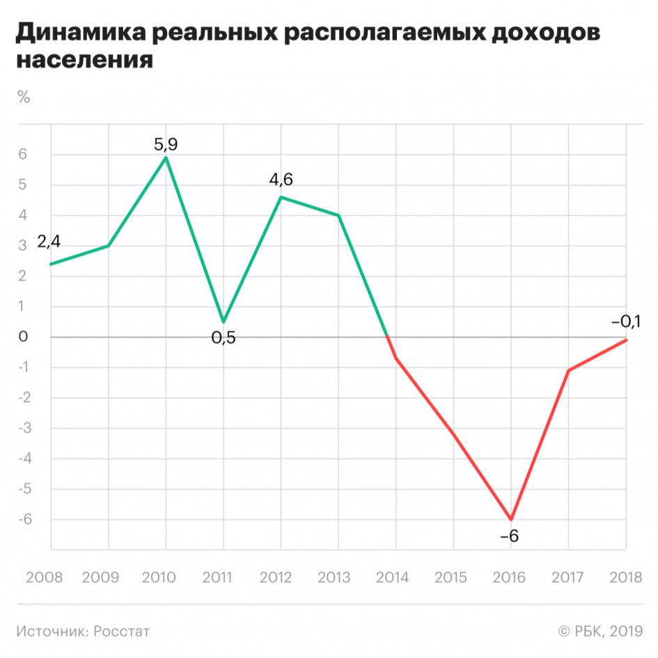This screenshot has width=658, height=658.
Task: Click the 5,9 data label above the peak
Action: [x=166, y=145]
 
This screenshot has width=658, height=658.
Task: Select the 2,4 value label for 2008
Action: [x=49, y=243]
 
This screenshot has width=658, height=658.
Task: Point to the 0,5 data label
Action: [x=224, y=338]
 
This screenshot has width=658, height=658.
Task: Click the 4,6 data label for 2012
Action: [x=281, y=179]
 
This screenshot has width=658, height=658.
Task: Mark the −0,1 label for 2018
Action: [x=625, y=322]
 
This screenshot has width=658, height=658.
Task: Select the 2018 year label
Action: [x=625, y=578]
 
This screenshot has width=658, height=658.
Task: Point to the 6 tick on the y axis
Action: [x=23, y=155]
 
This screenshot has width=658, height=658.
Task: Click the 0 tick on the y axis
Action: [x=23, y=337]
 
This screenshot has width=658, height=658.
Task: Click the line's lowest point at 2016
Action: [x=511, y=519]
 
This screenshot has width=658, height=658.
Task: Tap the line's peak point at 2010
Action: [x=166, y=157]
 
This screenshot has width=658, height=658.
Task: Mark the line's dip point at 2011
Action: [x=224, y=322]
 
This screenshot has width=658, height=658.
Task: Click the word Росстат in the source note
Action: [x=121, y=632]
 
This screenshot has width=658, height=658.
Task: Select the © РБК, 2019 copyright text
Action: [x=600, y=632]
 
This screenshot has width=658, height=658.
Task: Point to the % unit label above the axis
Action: [x=24, y=97]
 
